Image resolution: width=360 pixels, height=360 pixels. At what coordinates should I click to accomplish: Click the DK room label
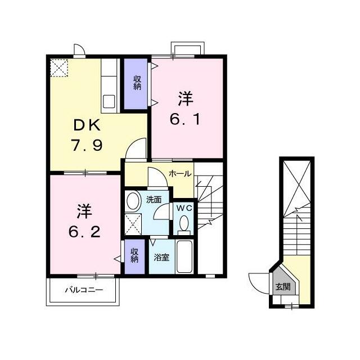coord(87,125)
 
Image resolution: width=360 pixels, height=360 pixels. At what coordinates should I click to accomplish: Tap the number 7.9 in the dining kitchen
coord(87,145)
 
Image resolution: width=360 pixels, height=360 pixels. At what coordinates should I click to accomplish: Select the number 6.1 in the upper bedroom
coord(185,119)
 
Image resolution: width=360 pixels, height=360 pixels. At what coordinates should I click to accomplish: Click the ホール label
coord(180,174)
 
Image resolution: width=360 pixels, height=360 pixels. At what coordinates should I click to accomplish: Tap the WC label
coord(184,208)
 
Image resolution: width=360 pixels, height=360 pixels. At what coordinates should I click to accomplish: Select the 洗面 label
coord(154,200)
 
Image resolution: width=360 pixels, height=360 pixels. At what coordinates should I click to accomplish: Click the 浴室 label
coord(161,258)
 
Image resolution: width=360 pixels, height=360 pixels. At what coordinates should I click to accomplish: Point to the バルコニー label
coord(84,290)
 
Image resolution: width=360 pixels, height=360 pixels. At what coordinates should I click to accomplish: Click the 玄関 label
coord(283,286)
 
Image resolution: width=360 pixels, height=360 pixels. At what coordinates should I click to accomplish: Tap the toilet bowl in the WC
coord(184,223)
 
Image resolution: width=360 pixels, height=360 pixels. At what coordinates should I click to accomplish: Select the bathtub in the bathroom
coord(184,256)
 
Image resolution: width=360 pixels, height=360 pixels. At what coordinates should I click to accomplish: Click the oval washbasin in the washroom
coord(134,201)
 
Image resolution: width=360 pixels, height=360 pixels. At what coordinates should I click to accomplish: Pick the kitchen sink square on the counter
coord(109,101)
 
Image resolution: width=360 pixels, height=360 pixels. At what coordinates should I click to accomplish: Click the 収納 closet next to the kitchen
coord(136,84)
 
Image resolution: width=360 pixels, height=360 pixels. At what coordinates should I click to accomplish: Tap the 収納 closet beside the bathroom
coord(135,256)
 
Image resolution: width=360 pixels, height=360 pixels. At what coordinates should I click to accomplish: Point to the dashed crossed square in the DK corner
coord(59,67)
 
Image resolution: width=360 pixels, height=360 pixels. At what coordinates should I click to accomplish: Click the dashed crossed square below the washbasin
coord(133,224)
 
